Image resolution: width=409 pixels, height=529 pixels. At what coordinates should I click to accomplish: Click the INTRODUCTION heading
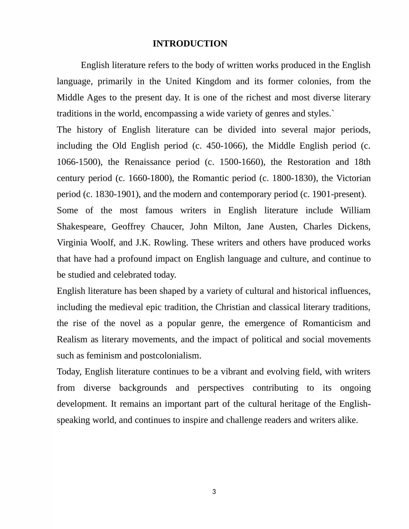190,44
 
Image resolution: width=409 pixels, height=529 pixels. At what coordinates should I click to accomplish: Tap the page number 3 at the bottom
214,491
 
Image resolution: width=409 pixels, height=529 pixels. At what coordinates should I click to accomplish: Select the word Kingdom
213,81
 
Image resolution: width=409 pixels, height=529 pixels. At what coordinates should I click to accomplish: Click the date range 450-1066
224,146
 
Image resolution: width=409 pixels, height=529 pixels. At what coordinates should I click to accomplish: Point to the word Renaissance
147,162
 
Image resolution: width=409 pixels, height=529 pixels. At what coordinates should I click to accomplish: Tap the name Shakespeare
80,227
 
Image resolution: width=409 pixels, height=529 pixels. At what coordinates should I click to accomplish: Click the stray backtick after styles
333,111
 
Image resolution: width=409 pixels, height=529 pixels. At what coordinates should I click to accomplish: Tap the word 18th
362,162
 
